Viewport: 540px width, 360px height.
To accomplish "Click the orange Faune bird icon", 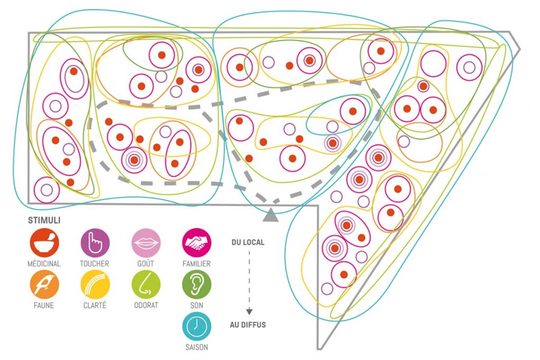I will pyautogui.click(x=44, y=285).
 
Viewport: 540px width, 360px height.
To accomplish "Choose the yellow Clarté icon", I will pyautogui.click(x=95, y=285).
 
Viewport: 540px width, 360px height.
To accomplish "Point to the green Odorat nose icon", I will pyautogui.click(x=146, y=285).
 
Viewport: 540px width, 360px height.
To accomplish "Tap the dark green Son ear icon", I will pyautogui.click(x=196, y=285).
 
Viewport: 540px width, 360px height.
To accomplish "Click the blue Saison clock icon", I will pyautogui.click(x=196, y=326).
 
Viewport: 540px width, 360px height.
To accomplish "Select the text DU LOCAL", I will pyautogui.click(x=248, y=243).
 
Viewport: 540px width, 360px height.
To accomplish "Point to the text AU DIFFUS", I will pyautogui.click(x=248, y=325).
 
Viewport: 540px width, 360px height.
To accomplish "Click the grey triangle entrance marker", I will pyautogui.click(x=271, y=213).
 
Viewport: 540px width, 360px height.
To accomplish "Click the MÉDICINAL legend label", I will pyautogui.click(x=44, y=264).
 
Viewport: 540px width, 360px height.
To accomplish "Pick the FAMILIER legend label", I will pyautogui.click(x=196, y=264).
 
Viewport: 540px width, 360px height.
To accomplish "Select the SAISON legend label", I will pyautogui.click(x=196, y=347).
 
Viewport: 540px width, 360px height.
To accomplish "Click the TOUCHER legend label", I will pyautogui.click(x=95, y=264).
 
